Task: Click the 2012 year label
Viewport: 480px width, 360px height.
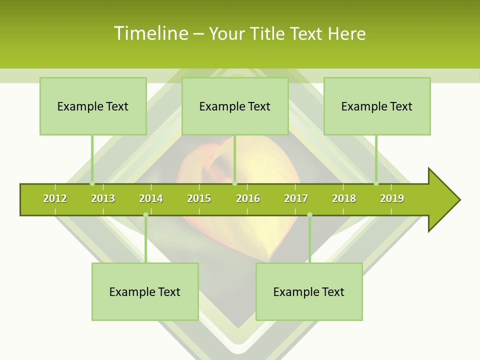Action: [55, 198]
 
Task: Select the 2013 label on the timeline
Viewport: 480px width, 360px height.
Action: [103, 198]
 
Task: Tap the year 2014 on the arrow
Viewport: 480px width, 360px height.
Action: [151, 198]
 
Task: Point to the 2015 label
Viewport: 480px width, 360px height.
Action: [199, 198]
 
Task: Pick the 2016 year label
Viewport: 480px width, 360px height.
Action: [248, 198]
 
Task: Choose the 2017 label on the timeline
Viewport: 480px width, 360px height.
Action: [296, 198]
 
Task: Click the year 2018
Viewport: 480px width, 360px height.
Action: [344, 198]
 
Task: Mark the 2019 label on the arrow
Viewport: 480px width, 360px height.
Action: [392, 198]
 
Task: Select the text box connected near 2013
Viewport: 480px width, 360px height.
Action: [93, 106]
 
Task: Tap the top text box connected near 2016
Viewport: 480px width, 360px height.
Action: [235, 106]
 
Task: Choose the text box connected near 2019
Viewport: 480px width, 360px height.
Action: [377, 106]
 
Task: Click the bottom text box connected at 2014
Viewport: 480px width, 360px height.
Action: [145, 291]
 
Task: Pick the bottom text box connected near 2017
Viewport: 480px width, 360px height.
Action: [309, 291]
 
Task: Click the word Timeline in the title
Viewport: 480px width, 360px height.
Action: [150, 33]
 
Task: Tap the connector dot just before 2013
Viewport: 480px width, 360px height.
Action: [92, 183]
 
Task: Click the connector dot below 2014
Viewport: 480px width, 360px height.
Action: [145, 215]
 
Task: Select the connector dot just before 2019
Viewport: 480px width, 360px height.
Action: [376, 183]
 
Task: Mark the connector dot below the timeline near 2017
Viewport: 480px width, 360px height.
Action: [309, 215]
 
